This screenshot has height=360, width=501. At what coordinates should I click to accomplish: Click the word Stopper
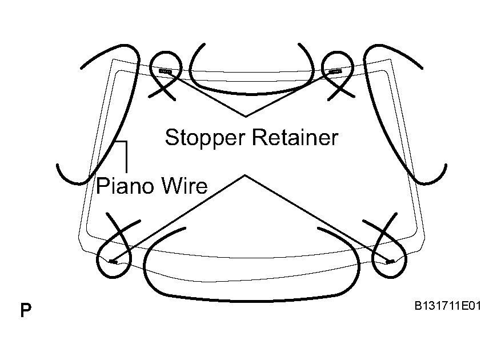tap(205, 138)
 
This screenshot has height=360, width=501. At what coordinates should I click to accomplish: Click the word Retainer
tap(295, 138)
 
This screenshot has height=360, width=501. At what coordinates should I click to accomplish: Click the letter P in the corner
tap(26, 310)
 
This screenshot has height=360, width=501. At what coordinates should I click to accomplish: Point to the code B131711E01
tap(448, 306)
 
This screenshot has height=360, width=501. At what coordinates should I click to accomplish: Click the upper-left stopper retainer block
tap(165, 71)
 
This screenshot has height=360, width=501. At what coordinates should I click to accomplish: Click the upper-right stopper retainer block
tap(335, 71)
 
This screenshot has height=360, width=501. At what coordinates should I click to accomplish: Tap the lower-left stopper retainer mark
tap(113, 262)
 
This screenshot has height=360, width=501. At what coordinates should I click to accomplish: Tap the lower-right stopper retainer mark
tap(390, 262)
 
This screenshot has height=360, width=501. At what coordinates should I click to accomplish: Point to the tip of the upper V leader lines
tap(246, 117)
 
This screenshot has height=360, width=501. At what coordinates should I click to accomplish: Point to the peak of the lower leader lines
tap(245, 175)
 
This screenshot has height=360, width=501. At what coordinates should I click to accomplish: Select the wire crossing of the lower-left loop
tap(119, 231)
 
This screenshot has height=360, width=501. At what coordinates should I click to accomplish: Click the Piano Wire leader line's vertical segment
tap(127, 157)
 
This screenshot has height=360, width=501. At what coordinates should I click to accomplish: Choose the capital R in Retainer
tap(259, 138)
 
